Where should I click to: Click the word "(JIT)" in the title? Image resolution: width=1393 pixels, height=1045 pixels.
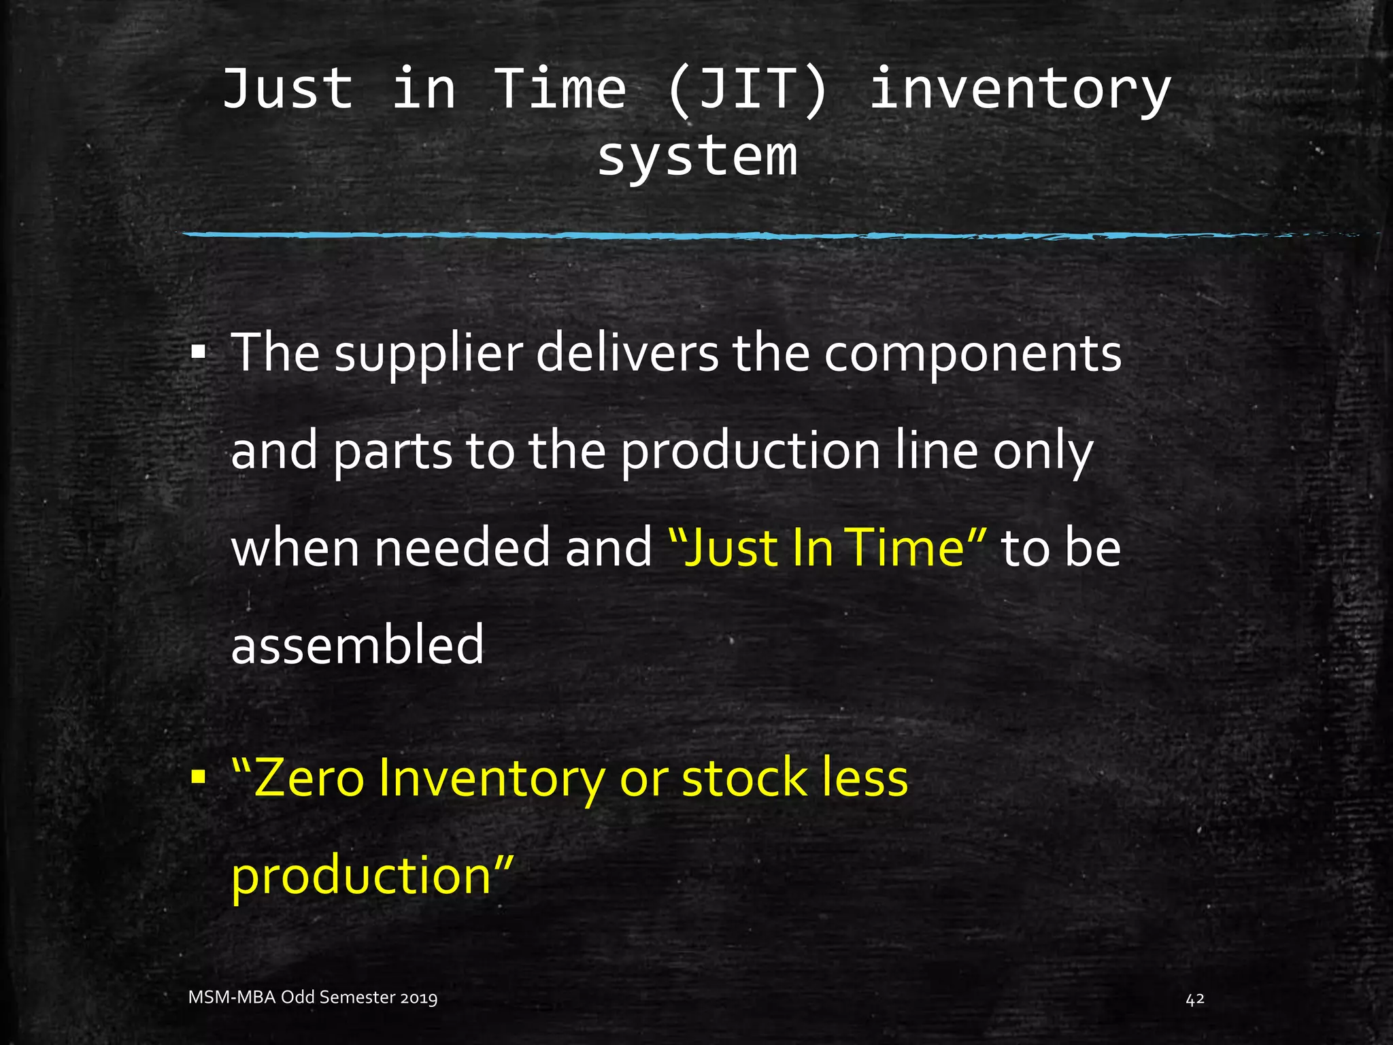point(747,90)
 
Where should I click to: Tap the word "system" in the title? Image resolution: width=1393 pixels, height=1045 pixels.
point(697,156)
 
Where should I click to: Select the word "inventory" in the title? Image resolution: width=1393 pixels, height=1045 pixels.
point(1020,90)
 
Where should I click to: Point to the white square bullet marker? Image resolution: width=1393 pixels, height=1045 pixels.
point(198,353)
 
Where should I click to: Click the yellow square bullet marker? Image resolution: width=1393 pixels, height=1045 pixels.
point(198,776)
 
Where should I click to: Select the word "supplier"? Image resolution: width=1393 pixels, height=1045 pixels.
point(428,354)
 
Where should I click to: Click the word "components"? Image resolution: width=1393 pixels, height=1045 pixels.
point(973,354)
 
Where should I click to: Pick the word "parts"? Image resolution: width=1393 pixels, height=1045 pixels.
point(392,452)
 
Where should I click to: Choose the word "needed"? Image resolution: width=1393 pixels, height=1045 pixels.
point(462,548)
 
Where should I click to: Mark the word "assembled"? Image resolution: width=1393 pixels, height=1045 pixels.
point(357,645)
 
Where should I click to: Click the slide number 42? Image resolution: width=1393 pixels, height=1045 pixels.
point(1194,999)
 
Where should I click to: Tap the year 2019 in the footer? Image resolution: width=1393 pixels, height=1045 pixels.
point(418,998)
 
